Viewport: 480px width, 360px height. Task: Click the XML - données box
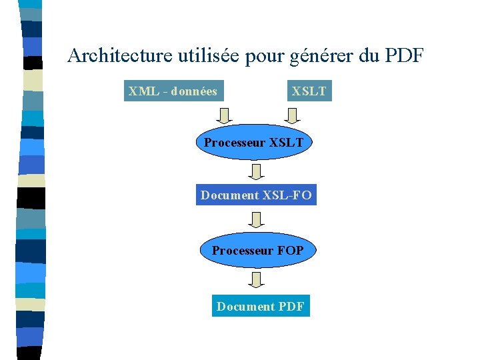173,91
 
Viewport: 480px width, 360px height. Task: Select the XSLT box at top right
309,91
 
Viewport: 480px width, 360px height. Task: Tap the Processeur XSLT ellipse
253,143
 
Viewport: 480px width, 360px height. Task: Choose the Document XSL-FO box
256,195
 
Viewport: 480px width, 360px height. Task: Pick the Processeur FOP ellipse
257,251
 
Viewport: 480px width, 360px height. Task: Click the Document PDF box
261,307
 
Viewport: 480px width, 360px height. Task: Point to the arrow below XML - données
225,115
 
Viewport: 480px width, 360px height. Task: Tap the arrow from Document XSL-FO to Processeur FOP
256,219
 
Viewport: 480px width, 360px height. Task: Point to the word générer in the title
322,57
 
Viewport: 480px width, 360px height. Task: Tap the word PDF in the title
404,55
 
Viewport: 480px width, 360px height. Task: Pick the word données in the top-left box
194,91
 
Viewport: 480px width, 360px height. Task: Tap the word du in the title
369,55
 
